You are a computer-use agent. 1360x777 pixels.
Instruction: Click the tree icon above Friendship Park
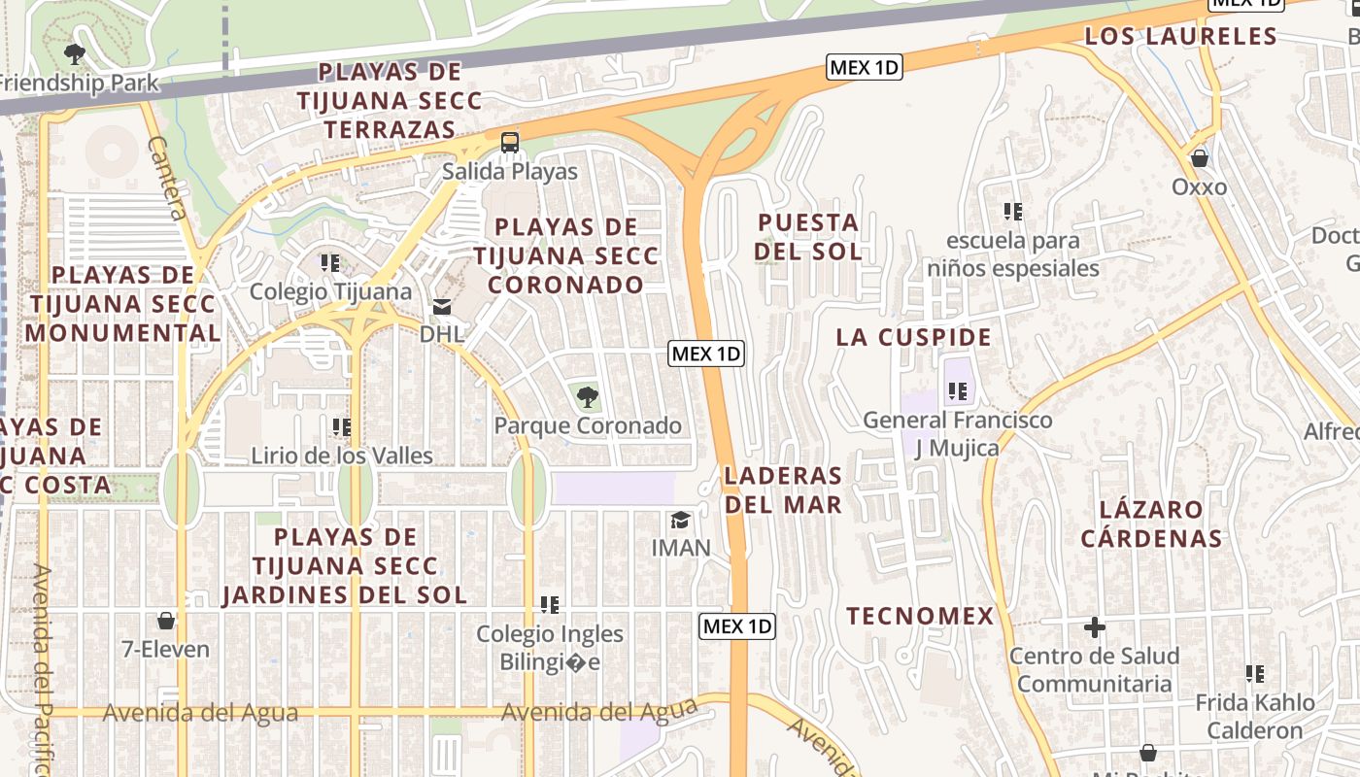pos(74,53)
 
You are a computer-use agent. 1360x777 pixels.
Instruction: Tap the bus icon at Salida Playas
pos(510,143)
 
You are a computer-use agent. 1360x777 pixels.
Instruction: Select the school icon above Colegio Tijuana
pos(330,263)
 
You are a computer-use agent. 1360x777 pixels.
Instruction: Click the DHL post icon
pos(442,308)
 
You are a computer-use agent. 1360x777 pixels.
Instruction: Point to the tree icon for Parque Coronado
pos(587,396)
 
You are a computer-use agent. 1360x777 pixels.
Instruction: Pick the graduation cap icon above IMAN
pos(680,520)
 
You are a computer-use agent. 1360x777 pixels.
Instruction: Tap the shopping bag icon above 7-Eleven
pos(166,620)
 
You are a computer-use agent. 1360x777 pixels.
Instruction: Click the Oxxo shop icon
pos(1200,157)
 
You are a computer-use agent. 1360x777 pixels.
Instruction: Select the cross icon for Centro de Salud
pos(1095,627)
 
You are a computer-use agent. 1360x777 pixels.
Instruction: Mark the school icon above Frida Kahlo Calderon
pos(1255,673)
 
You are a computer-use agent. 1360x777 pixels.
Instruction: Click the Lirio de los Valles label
pos(342,456)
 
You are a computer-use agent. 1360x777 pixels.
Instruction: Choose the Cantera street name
pos(167,178)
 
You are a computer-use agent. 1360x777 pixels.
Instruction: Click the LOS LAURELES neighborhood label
pos(1180,37)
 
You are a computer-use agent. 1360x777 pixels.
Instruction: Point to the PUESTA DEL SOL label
pos(808,237)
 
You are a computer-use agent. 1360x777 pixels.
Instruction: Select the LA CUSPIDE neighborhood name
pos(914,337)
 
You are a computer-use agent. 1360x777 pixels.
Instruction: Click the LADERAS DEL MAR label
pos(783,490)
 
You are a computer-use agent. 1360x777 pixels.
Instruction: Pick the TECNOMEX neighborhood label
pos(920,616)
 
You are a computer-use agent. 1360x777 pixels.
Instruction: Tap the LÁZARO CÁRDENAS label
pos(1151,524)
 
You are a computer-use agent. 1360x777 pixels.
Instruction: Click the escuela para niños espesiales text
pos(1013,253)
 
